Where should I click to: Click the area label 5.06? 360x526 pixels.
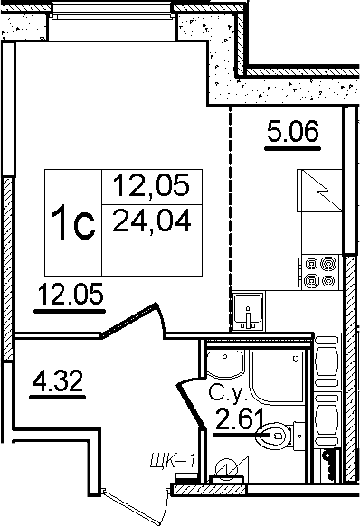pos(293,131)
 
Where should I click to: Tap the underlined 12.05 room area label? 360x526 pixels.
pos(71,294)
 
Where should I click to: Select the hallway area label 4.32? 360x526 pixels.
pos(57,380)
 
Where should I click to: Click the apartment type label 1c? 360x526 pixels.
pos(73,222)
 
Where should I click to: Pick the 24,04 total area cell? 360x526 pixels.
pos(152,221)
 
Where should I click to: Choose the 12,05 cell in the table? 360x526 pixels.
pos(152,186)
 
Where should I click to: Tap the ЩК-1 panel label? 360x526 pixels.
pos(173,460)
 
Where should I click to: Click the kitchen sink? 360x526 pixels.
pos(248,311)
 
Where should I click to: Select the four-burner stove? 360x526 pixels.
pos(320,272)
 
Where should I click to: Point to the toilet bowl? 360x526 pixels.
pos(271,436)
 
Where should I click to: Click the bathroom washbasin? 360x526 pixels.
pos(225,365)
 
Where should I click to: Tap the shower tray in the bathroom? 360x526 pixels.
pos(278,378)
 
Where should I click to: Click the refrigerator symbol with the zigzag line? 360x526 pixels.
pos(319,191)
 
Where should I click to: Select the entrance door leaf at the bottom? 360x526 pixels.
pos(135,506)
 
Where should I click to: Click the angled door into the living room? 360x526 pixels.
pos(129,319)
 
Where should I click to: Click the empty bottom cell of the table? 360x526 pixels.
pos(152,258)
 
